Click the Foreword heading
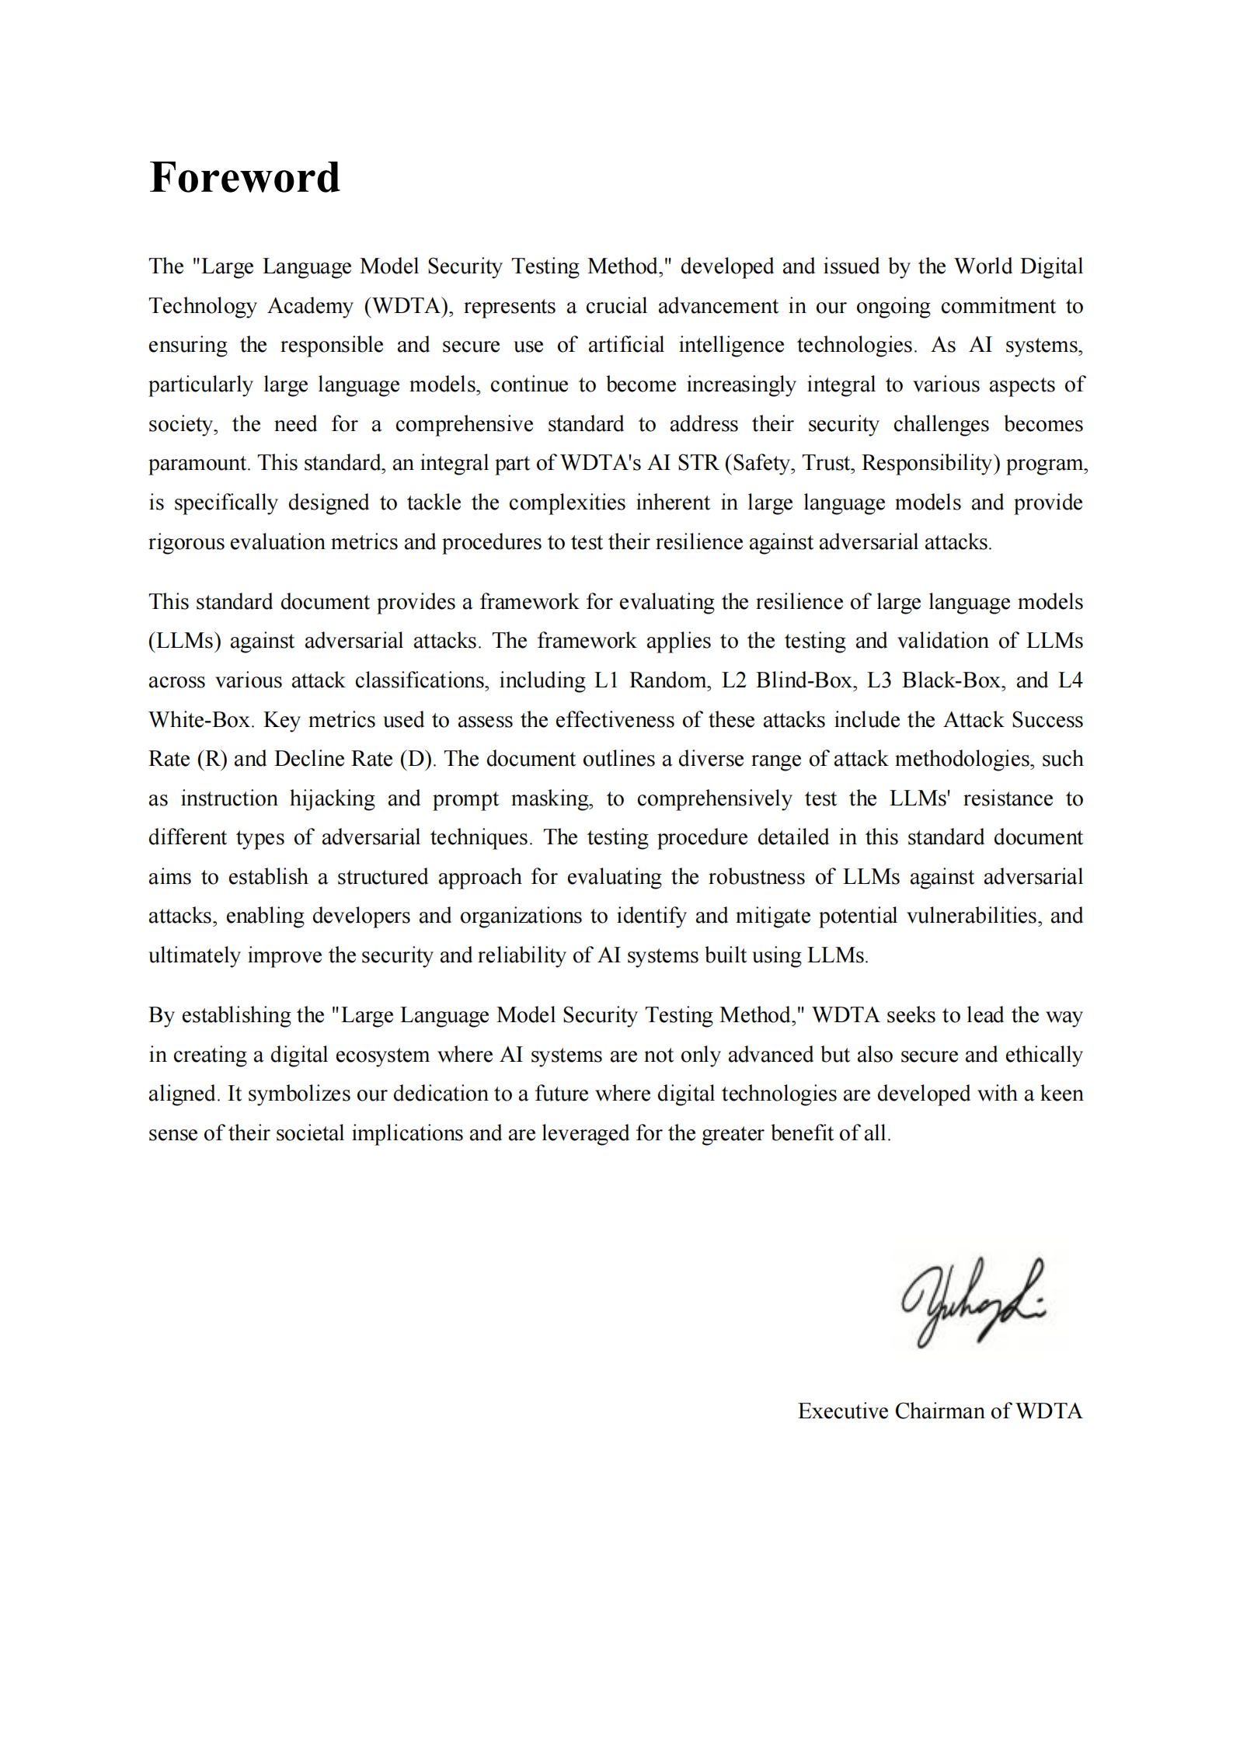click(245, 177)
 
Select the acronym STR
click(697, 463)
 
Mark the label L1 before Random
click(606, 680)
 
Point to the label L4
click(1070, 680)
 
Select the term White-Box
click(200, 720)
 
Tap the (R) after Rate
click(211, 759)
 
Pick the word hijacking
click(332, 798)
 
